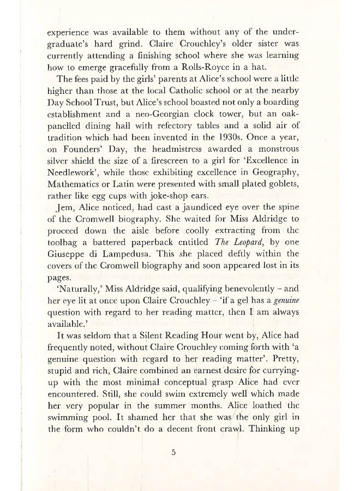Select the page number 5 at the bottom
(x=173, y=452)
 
